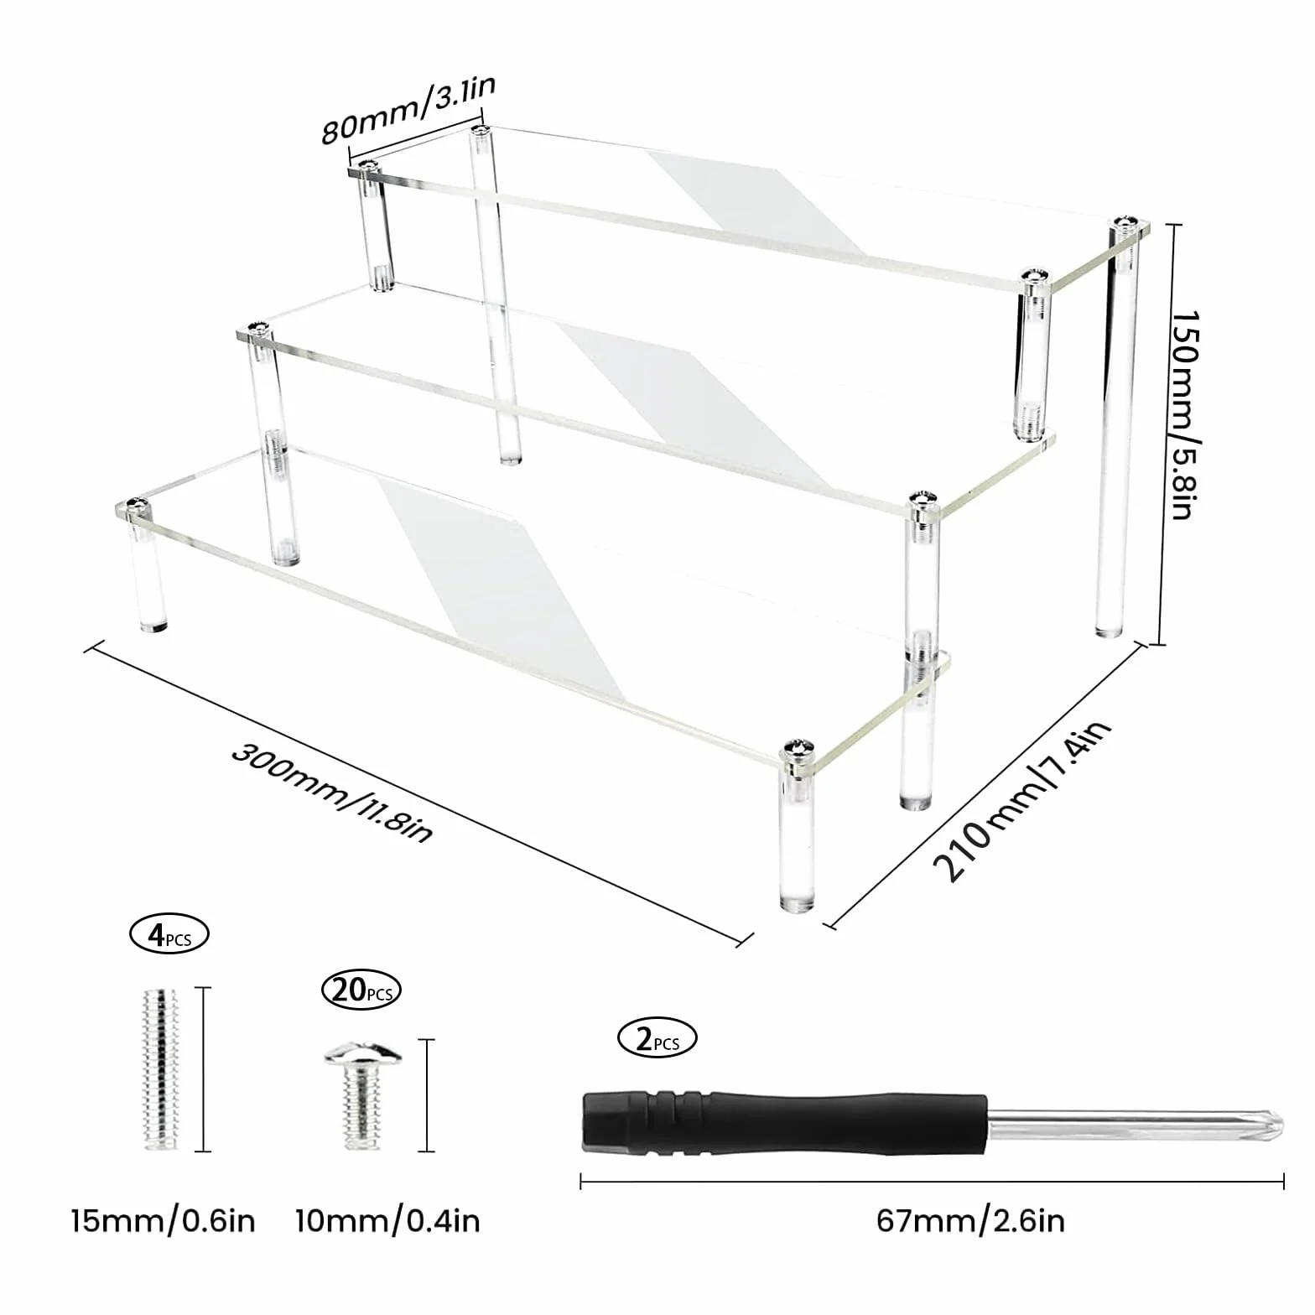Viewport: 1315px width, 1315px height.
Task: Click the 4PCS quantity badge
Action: pyautogui.click(x=169, y=934)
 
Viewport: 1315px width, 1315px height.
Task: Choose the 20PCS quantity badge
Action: pyautogui.click(x=361, y=991)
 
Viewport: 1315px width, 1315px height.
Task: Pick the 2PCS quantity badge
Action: pyautogui.click(x=657, y=1039)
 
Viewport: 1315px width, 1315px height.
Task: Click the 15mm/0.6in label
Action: pyautogui.click(x=163, y=1220)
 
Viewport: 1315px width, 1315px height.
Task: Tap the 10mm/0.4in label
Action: pyautogui.click(x=387, y=1220)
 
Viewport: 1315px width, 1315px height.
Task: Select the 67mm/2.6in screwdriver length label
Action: pyautogui.click(x=971, y=1220)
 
